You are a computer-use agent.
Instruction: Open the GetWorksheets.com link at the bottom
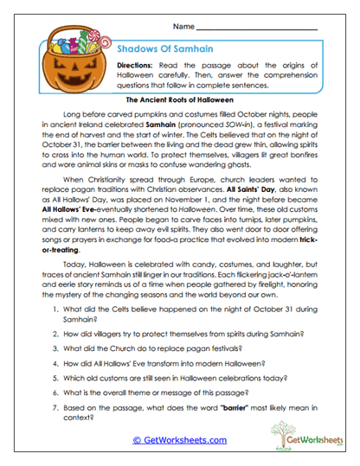click(x=179, y=440)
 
